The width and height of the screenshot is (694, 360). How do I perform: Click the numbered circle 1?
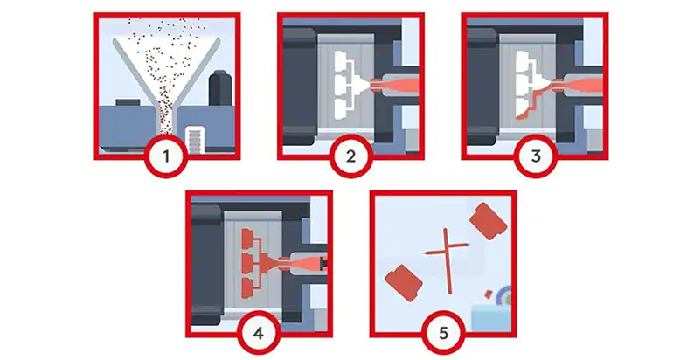(166, 156)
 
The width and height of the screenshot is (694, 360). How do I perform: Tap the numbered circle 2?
(350, 156)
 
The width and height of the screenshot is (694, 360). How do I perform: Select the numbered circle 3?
(536, 156)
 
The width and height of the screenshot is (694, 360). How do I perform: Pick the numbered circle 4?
(259, 333)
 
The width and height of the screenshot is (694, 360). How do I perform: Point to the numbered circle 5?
(443, 333)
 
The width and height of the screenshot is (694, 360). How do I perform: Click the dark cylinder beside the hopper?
(220, 87)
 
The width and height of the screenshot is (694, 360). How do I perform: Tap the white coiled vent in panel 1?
(195, 139)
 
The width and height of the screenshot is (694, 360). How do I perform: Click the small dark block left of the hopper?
(128, 102)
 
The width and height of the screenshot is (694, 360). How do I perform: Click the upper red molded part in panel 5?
(489, 221)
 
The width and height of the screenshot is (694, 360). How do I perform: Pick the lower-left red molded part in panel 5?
(404, 283)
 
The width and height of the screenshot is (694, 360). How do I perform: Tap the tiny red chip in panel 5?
(489, 294)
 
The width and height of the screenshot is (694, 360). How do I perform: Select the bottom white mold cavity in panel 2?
(341, 109)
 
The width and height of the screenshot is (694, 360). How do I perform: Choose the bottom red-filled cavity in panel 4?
(247, 287)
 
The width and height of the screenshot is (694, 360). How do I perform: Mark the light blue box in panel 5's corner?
(491, 317)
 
